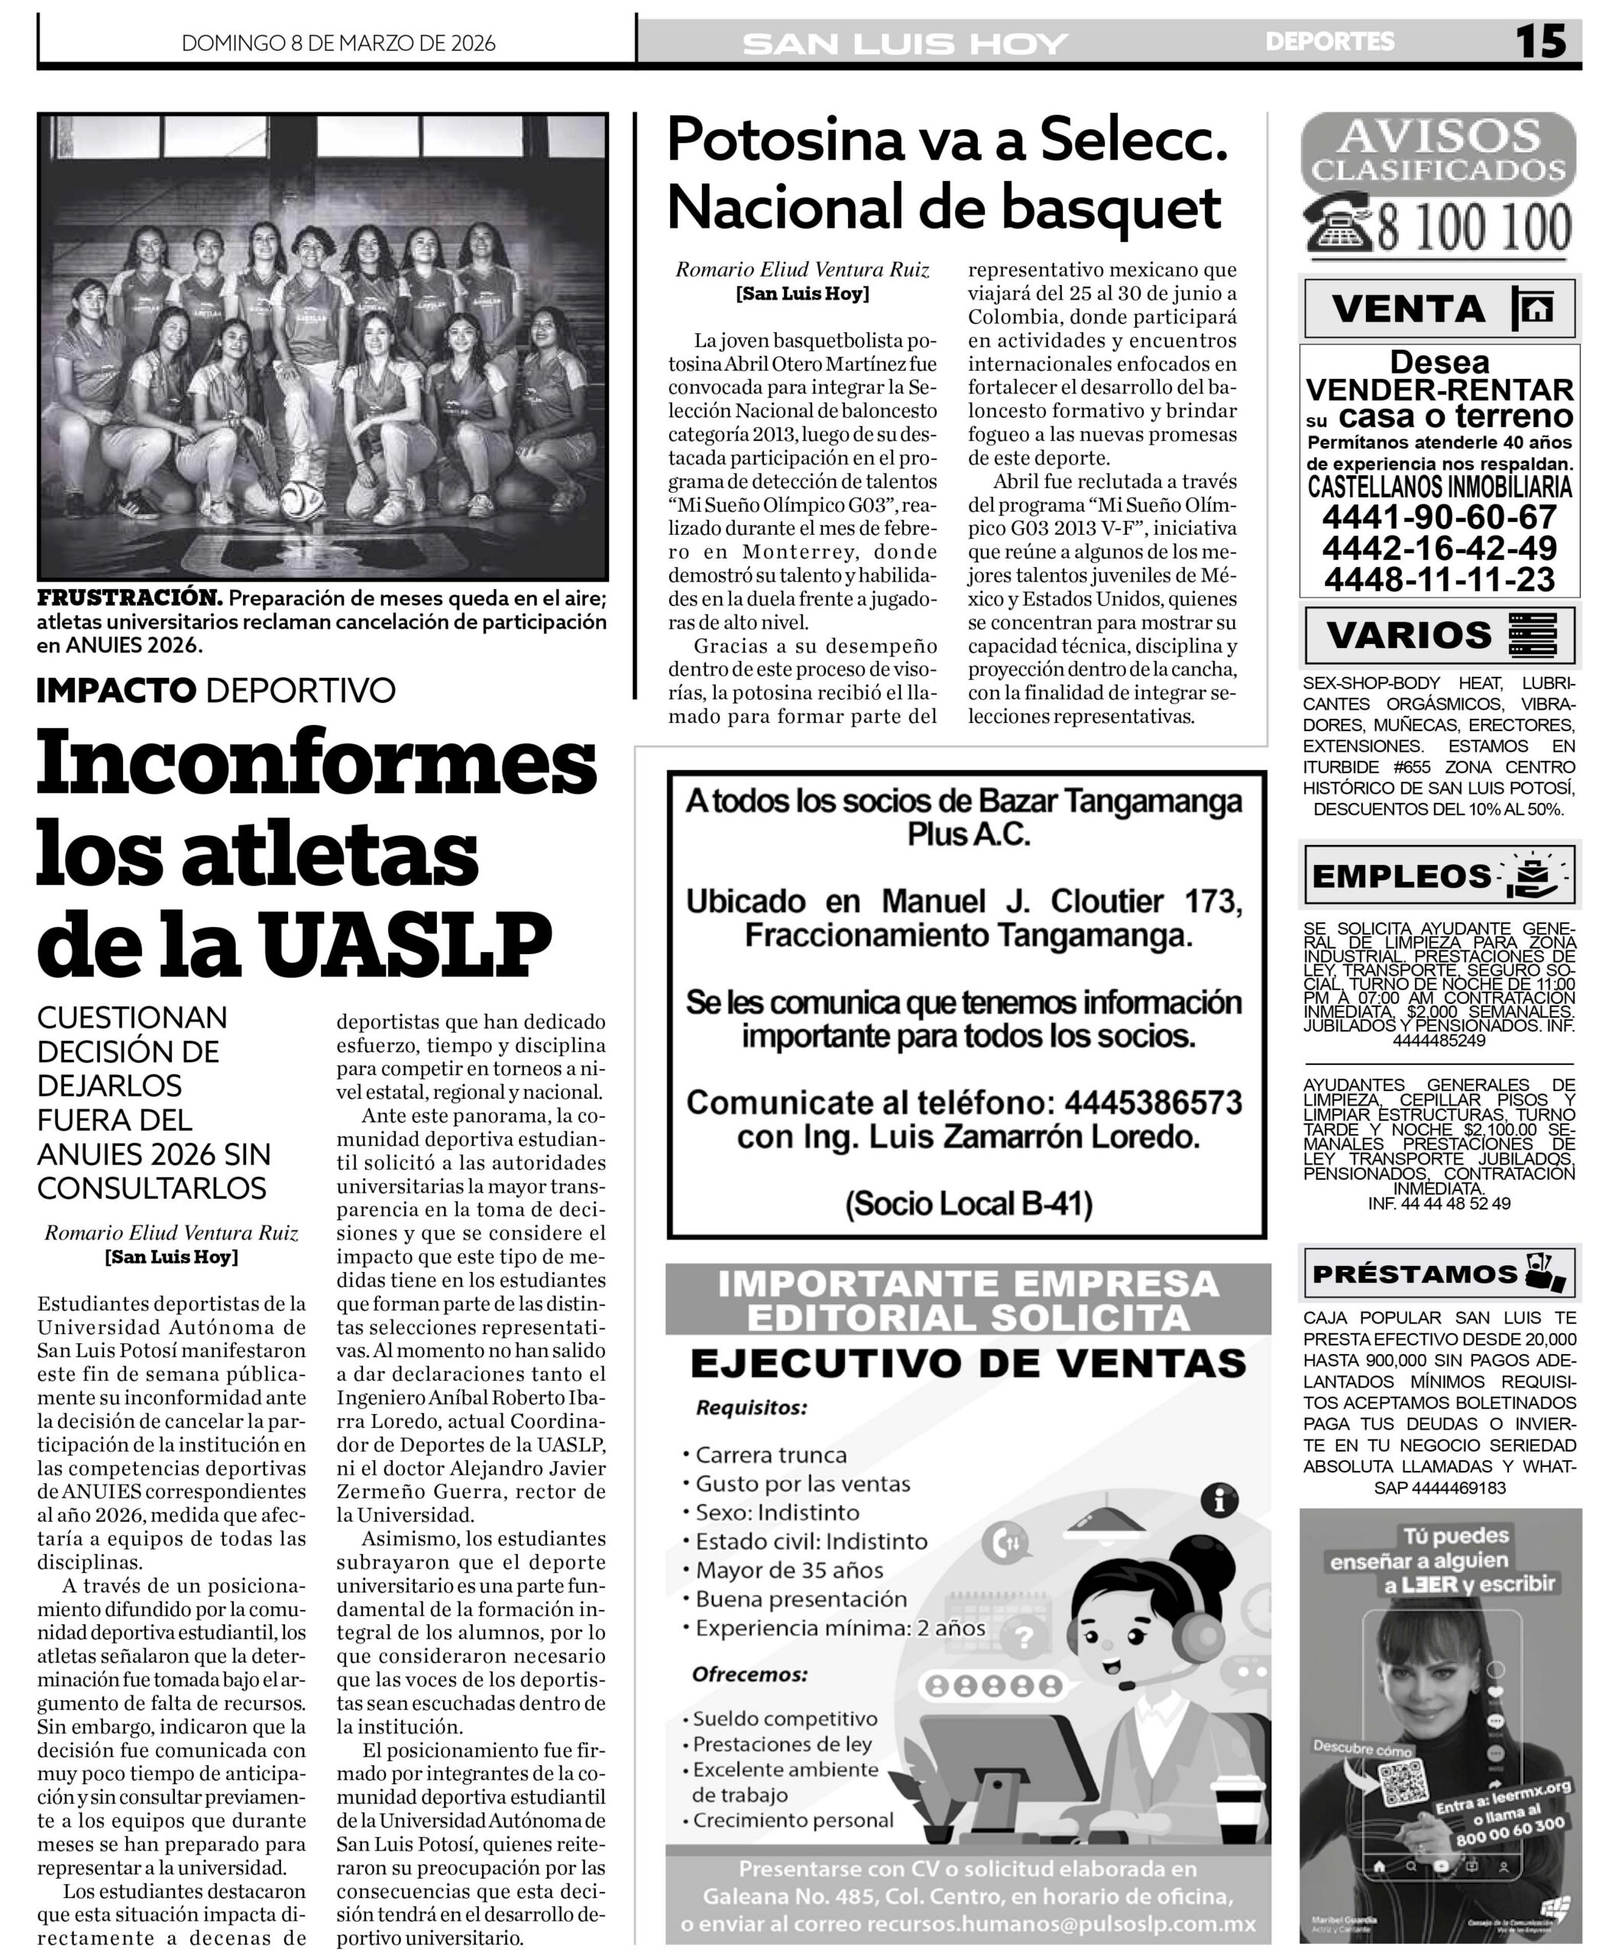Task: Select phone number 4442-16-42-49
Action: point(1439,547)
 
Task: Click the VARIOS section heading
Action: point(1409,635)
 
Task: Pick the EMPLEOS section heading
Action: point(1401,876)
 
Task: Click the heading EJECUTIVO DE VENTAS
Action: point(967,1363)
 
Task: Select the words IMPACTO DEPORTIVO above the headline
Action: point(215,690)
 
